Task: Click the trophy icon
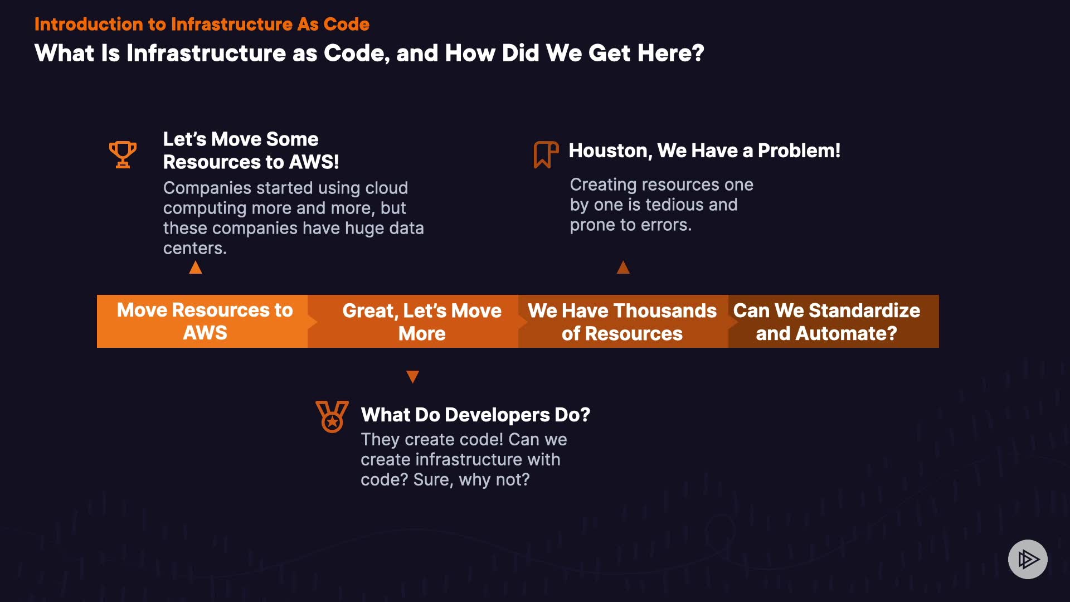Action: (x=123, y=154)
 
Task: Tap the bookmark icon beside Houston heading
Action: (x=546, y=154)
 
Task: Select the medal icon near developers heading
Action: (x=332, y=416)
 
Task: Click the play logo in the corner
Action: (x=1028, y=559)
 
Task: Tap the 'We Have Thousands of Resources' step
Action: (x=623, y=321)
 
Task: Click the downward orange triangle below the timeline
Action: (x=412, y=377)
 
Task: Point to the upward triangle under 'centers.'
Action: (x=196, y=268)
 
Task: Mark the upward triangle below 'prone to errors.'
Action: (x=623, y=268)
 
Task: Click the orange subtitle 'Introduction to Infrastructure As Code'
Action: (x=202, y=24)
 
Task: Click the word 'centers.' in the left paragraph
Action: (x=195, y=248)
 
